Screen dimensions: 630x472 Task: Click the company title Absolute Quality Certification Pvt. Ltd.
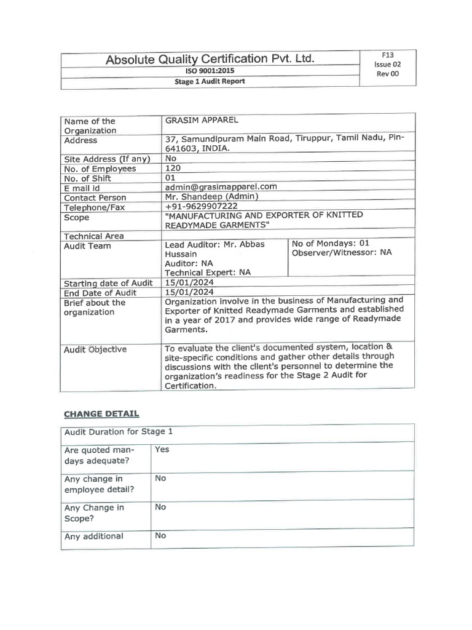[210, 59]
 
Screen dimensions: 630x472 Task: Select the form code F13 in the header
[387, 55]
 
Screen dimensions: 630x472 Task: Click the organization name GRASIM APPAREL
[202, 121]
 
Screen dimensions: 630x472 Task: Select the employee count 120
[173, 168]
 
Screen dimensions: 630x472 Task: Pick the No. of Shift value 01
[171, 177]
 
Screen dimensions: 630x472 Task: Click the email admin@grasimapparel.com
[221, 186]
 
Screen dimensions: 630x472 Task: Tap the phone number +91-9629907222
[202, 206]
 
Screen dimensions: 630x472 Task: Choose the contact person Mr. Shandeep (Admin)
[212, 196]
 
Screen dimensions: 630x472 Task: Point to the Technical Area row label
[93, 236]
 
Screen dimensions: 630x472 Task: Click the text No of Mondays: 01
[331, 243]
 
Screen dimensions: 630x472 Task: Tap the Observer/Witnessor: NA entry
[342, 252]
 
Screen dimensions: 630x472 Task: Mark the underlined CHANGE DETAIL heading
[101, 413]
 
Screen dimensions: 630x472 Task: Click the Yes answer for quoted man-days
[162, 449]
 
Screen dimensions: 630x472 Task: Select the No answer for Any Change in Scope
[160, 507]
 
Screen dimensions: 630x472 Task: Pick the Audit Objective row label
[95, 349]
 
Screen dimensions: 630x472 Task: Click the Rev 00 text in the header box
[387, 74]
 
